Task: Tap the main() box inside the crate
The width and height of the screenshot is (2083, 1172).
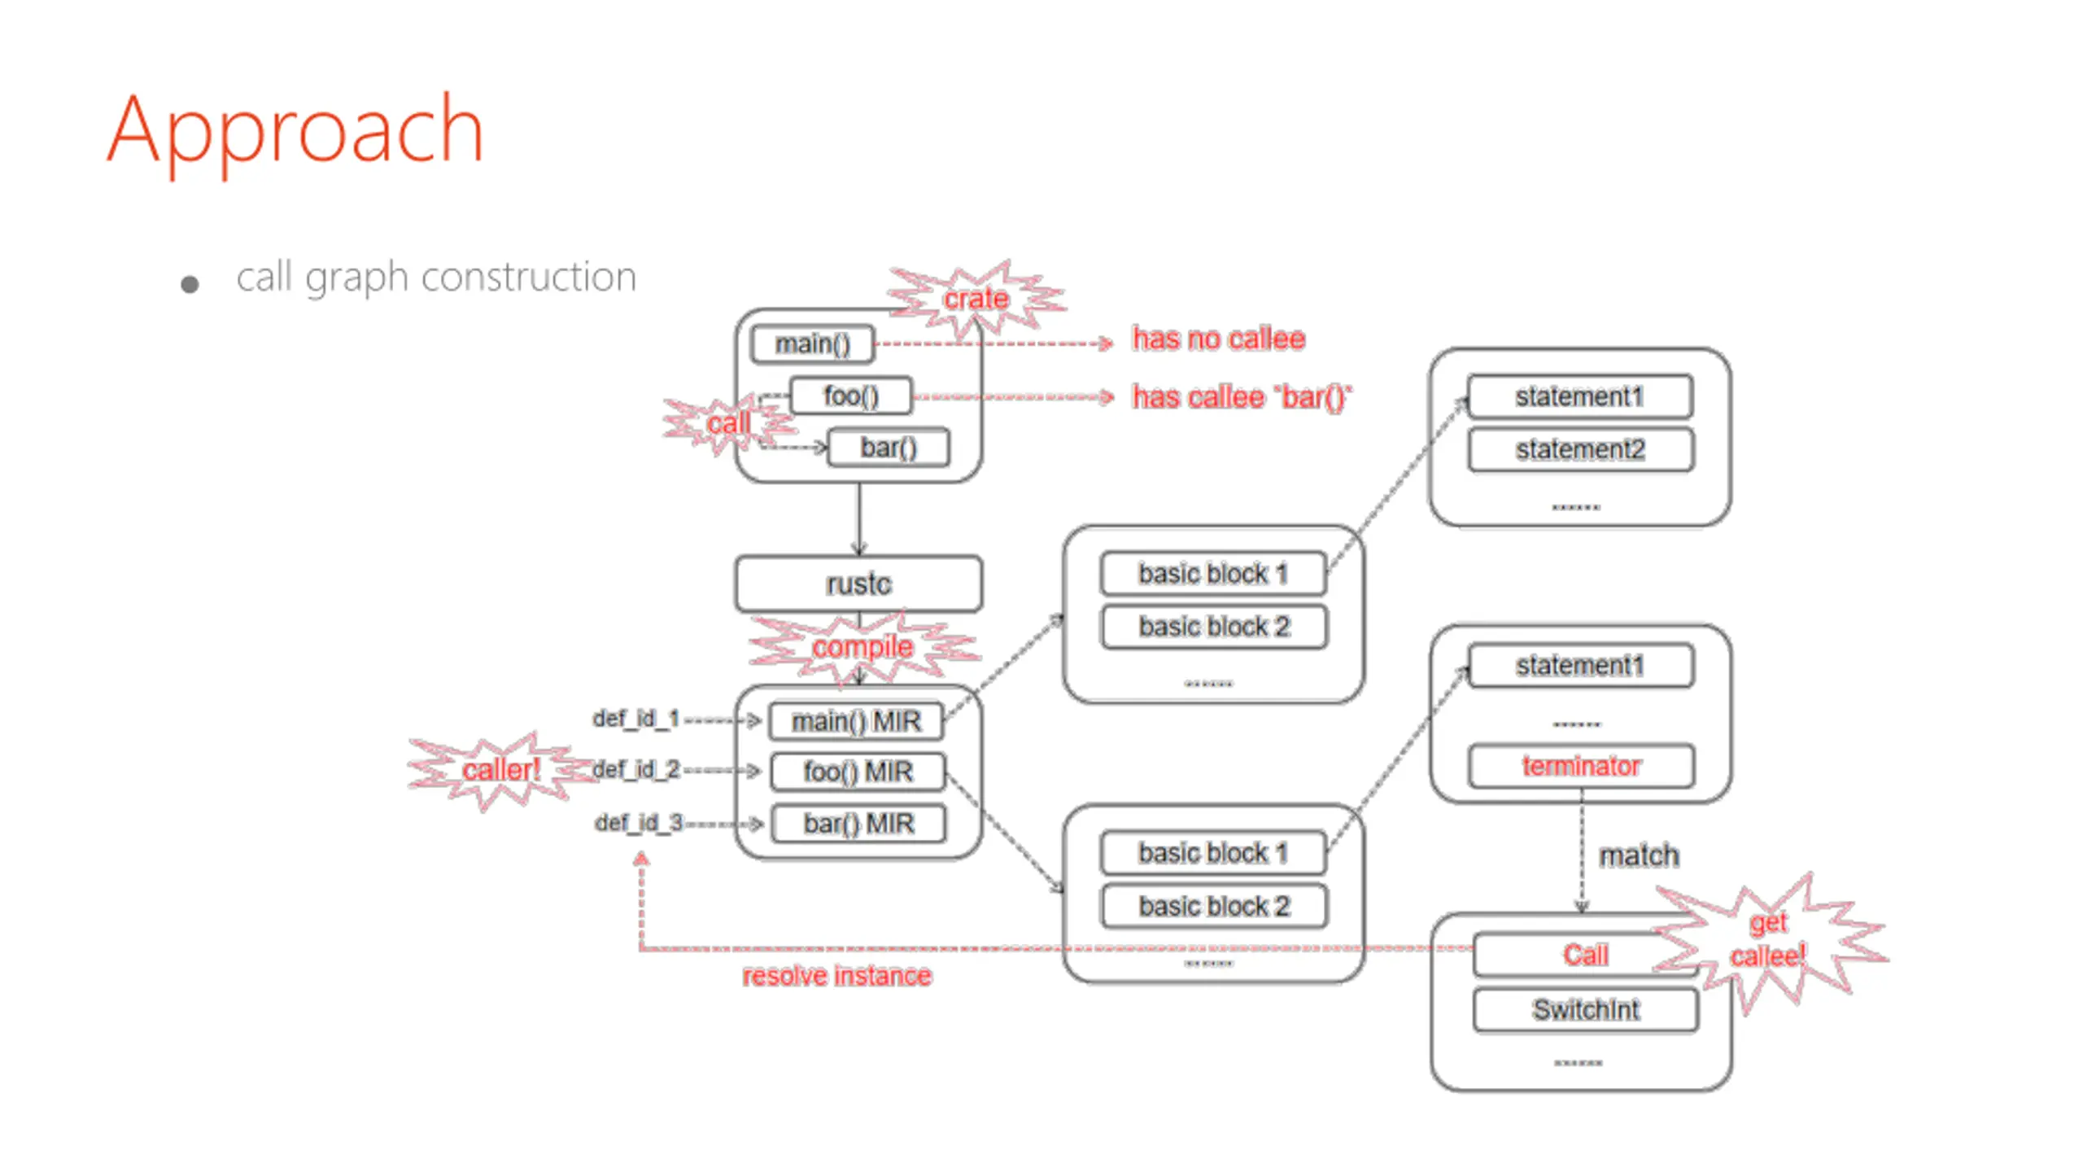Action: (812, 343)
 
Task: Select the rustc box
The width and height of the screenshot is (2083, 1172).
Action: (858, 584)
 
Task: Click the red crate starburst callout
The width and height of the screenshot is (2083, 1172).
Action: (976, 298)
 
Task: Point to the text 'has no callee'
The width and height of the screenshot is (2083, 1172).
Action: (1219, 339)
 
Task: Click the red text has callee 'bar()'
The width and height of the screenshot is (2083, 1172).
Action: (1242, 397)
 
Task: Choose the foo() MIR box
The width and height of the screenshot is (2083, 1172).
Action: (858, 772)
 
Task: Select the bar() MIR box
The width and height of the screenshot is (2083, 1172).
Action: (858, 824)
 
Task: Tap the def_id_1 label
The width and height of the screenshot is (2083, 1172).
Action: (635, 719)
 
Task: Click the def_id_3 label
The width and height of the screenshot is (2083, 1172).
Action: (639, 823)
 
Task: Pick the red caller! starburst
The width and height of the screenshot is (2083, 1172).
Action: (501, 770)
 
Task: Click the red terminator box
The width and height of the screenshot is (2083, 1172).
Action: (1581, 766)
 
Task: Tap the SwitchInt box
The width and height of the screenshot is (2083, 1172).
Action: (1586, 1010)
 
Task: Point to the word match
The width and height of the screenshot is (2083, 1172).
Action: (1639, 855)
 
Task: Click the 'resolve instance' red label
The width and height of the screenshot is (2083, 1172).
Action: (836, 975)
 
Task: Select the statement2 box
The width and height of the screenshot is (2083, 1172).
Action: (1580, 449)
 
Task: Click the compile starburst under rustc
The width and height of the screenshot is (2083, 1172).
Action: (862, 647)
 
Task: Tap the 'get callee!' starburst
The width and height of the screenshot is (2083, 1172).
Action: (1770, 940)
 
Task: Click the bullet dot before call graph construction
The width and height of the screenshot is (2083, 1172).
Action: (190, 284)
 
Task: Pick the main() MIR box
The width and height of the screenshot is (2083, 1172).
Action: (857, 721)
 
